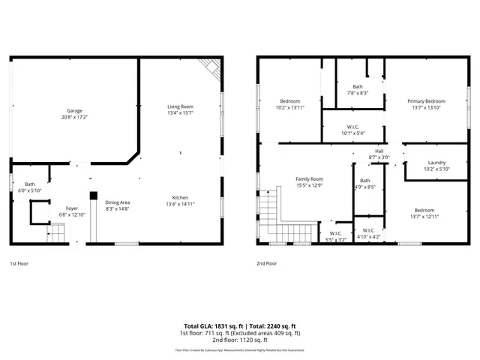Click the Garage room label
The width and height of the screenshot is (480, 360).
point(73,111)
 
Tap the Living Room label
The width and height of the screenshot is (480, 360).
point(180,106)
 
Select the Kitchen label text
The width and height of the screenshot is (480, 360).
point(180,197)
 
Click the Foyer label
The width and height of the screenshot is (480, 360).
point(71,208)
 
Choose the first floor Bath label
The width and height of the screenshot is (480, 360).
point(29,184)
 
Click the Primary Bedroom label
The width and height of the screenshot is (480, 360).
point(426,101)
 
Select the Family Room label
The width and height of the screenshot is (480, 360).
point(309,178)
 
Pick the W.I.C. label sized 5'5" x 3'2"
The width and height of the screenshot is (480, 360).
point(337,233)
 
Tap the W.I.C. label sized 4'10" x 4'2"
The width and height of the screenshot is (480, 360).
point(369,230)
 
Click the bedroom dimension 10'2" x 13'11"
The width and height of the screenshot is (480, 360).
point(290,108)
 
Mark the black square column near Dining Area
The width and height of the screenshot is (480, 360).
point(93,196)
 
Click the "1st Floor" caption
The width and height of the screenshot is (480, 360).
point(19,264)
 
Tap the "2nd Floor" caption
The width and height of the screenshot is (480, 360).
point(267,264)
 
